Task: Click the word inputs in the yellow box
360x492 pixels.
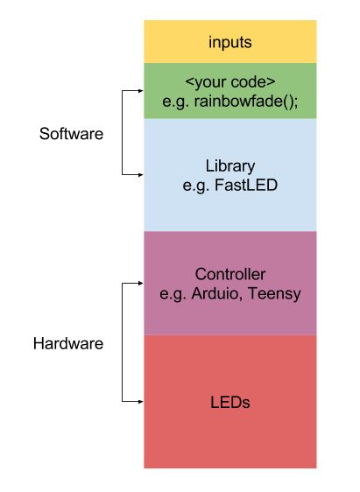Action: pos(229,42)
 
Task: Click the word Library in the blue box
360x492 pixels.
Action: pos(229,165)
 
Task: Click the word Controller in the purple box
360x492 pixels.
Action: pos(229,275)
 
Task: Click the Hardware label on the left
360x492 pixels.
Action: pos(67,343)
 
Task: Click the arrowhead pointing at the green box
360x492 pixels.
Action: pos(138,91)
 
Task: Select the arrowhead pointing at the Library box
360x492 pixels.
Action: pos(138,174)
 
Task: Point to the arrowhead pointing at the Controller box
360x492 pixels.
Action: pos(138,284)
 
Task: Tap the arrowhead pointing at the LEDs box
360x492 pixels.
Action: pos(138,402)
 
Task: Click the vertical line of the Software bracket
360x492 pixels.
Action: pos(124,131)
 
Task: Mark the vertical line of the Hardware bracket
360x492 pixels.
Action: pos(124,343)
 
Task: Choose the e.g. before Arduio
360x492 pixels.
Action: pos(173,293)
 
